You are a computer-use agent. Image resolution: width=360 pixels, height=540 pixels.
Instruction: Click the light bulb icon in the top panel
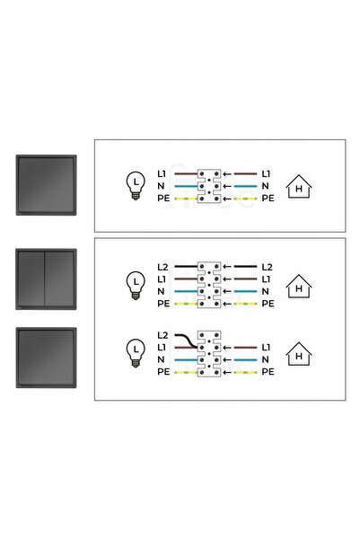click(136, 186)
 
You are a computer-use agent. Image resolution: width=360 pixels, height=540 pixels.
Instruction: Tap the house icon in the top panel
click(299, 187)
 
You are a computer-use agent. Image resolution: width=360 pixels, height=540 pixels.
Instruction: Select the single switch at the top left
click(46, 185)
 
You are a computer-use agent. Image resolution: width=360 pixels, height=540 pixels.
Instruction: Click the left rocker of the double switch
click(31, 279)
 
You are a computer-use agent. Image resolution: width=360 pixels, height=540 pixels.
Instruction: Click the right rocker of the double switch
click(59, 279)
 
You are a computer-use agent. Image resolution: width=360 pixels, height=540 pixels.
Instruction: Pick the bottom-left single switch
click(46, 358)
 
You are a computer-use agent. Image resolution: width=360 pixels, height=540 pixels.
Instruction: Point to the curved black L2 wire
click(186, 341)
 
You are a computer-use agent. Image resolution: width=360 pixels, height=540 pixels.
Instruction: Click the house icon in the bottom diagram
click(299, 354)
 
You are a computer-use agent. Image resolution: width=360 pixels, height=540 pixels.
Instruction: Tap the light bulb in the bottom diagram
click(136, 353)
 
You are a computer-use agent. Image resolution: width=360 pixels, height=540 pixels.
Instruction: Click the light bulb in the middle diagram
click(136, 286)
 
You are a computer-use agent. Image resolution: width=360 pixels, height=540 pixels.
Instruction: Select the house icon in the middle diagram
click(299, 287)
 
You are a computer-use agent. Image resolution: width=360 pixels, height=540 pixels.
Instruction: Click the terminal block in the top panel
click(209, 186)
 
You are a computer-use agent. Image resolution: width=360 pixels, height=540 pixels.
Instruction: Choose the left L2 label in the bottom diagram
click(162, 335)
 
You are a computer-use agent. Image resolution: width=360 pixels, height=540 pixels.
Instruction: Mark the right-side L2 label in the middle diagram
click(267, 267)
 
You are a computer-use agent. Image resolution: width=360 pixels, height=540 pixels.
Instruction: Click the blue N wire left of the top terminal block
click(186, 186)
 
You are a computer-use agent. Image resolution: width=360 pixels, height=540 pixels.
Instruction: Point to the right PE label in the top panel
click(268, 199)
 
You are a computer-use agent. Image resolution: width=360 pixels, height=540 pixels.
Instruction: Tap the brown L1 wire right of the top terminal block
click(245, 174)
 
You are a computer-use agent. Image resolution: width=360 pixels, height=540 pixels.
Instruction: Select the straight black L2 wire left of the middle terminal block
click(186, 267)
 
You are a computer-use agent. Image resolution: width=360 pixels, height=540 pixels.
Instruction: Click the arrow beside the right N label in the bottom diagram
click(227, 360)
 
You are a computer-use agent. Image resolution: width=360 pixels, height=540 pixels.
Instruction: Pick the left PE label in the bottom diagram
click(163, 372)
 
